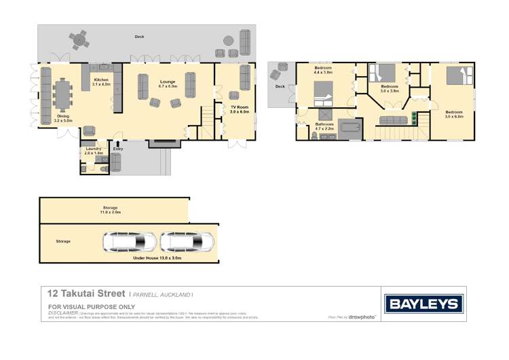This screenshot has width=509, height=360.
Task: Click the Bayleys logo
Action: tap(424, 303)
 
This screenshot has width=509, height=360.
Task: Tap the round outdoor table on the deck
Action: tap(79, 41)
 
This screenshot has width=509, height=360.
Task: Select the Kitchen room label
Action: tap(100, 83)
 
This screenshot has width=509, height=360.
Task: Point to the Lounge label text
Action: tap(168, 83)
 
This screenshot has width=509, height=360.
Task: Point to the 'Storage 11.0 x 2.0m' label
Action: tap(111, 209)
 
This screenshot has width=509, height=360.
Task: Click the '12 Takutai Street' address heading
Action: tap(85, 294)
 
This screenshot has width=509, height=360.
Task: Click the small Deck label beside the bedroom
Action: tap(280, 87)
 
